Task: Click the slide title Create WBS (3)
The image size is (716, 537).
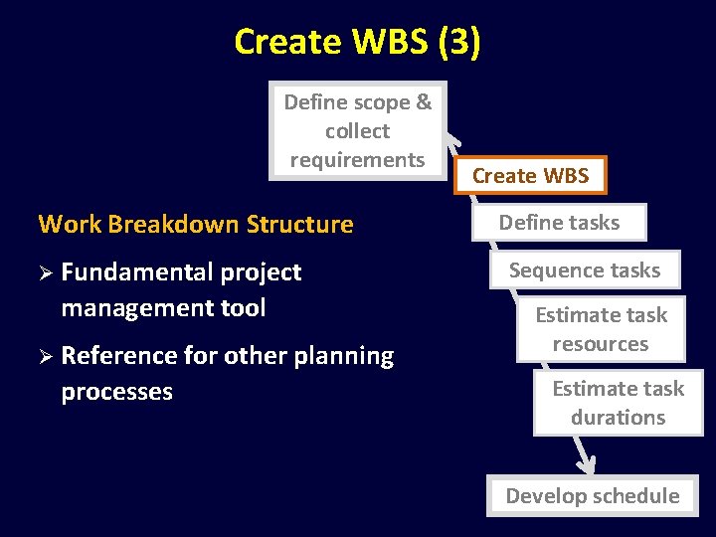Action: point(357,42)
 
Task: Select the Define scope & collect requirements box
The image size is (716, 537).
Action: point(357,130)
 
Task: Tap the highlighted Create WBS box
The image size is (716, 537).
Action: point(530,176)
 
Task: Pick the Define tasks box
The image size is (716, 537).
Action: point(559,223)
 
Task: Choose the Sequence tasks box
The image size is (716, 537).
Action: point(585,269)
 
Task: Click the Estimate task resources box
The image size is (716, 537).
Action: point(601,329)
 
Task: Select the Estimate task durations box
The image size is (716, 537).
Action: point(618,403)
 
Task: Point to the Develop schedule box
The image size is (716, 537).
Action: point(592,495)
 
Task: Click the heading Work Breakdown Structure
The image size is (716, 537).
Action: point(196,224)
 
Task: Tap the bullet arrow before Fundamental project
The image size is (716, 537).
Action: point(45,272)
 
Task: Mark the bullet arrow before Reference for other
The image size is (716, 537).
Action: point(45,356)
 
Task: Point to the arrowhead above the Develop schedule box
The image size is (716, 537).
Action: point(587,462)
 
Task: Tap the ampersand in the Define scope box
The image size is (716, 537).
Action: point(424,102)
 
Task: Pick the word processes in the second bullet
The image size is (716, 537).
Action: point(116,392)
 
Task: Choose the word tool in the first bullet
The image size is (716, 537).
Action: point(244,308)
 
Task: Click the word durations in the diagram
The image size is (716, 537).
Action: point(618,418)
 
